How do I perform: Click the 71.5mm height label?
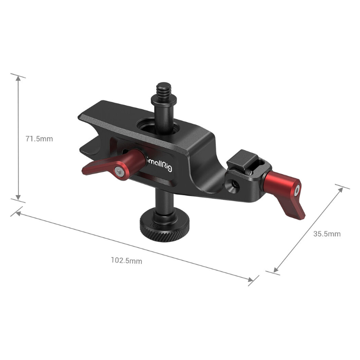tap(39, 139)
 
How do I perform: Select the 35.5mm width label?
tap(327, 234)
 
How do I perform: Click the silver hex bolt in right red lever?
tap(297, 191)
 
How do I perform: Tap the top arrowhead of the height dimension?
tap(18, 78)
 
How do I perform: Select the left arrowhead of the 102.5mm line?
tap(18, 212)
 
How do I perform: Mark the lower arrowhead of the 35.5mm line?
tap(276, 270)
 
